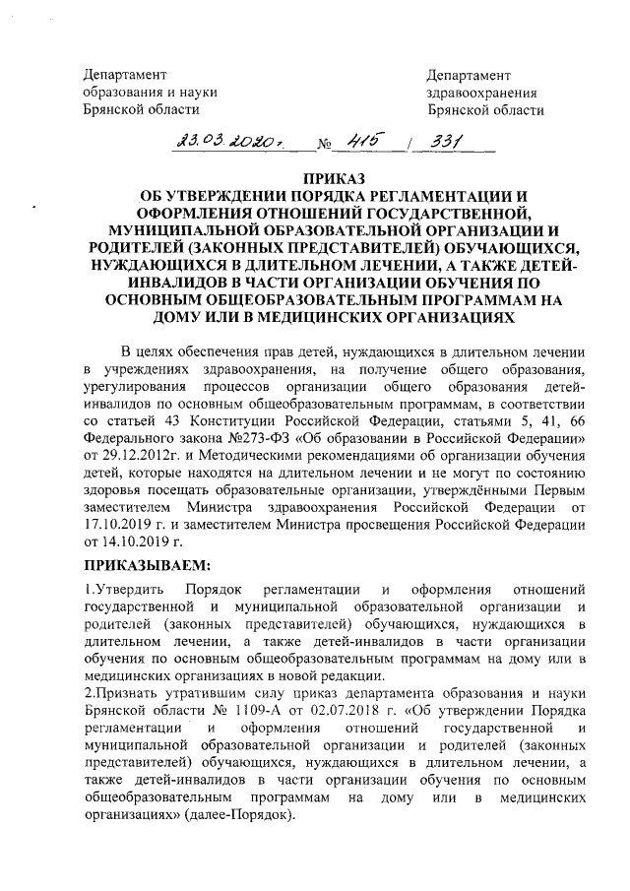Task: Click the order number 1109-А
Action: [249, 711]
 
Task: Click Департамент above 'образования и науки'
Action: [123, 75]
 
